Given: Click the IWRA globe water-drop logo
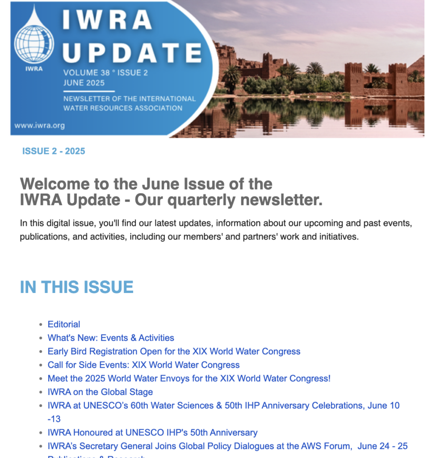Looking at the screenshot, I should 34,41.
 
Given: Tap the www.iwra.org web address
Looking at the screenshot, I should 39,126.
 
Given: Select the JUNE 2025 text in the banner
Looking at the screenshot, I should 84,82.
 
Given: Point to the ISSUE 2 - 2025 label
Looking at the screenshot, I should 54,151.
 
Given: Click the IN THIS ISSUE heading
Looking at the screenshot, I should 76,287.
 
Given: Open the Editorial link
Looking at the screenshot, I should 64,324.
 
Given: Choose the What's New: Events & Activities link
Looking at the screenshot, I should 111,338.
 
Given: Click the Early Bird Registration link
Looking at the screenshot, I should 174,351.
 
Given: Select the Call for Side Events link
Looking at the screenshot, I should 143,365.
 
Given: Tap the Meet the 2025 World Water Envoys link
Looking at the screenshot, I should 189,378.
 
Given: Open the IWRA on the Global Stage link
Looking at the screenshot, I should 100,392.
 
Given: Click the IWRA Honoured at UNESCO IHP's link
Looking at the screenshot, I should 152,433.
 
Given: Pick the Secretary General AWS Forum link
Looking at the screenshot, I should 227,446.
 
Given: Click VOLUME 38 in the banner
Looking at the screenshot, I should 84,73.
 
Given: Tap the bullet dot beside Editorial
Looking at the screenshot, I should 41,325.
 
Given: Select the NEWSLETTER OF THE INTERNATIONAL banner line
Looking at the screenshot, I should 130,98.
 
